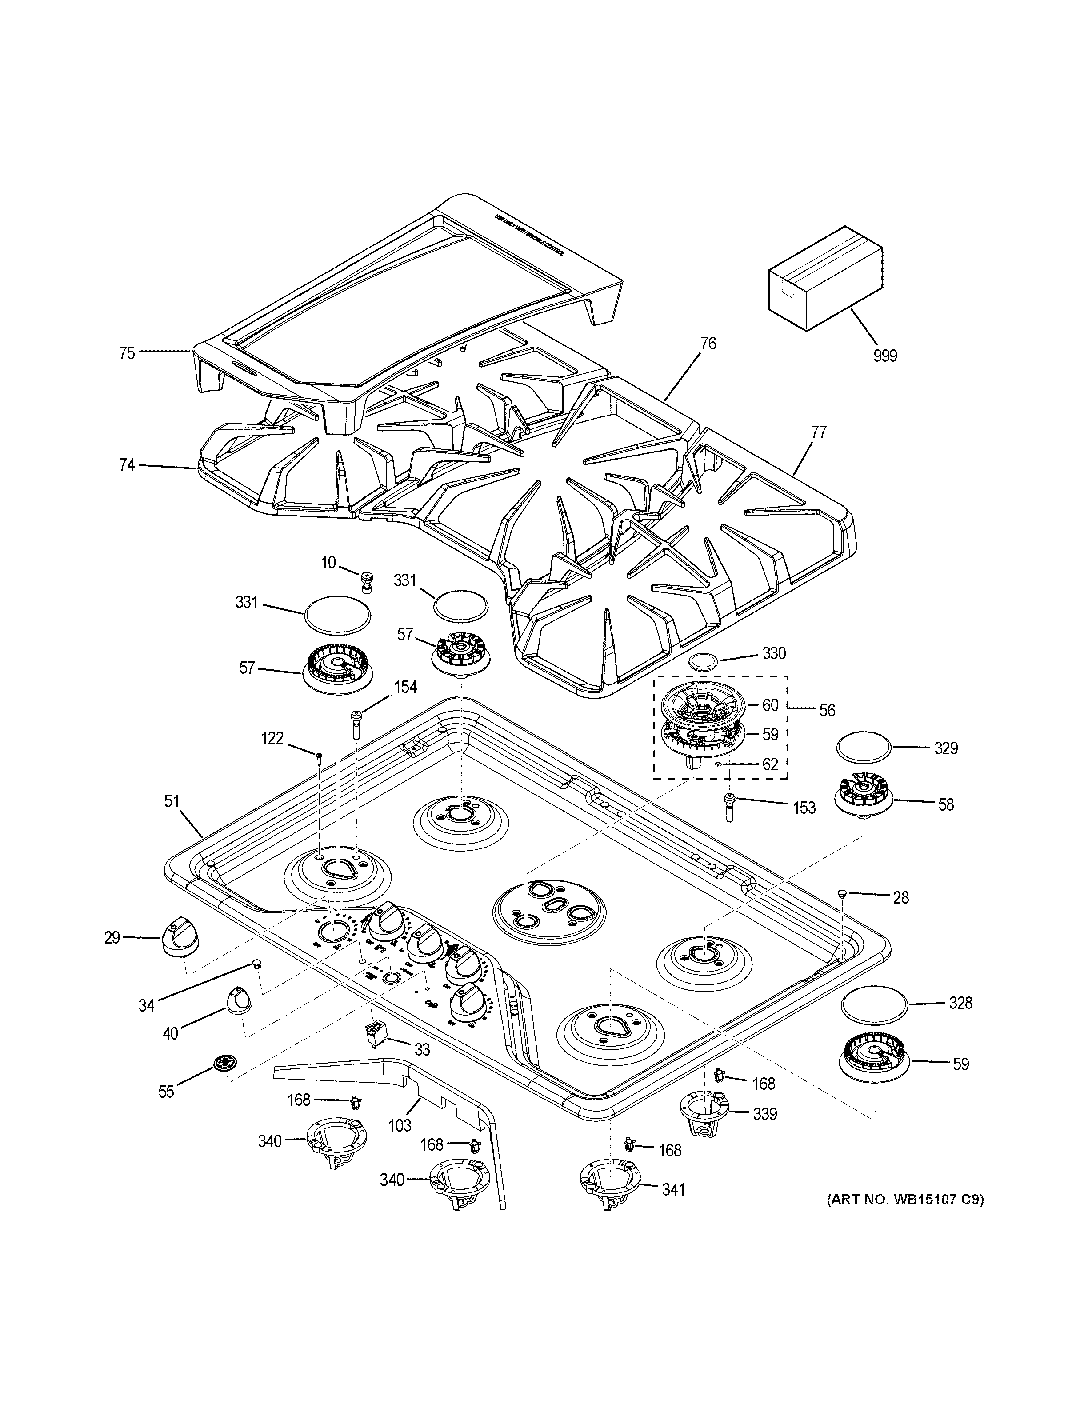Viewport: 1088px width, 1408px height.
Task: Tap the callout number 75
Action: coord(127,353)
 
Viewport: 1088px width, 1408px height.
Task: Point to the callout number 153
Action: coord(804,808)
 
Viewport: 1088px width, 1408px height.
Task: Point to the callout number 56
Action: coord(827,711)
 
